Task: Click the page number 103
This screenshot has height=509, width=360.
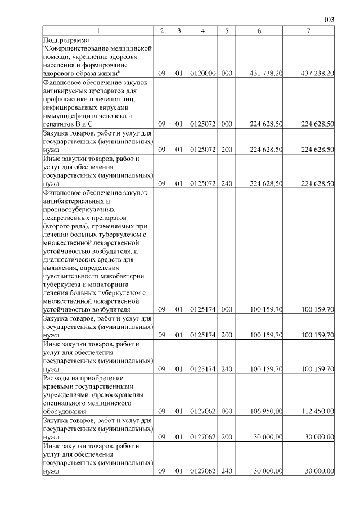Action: pyautogui.click(x=329, y=20)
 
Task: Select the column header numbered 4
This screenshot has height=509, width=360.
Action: pyautogui.click(x=202, y=31)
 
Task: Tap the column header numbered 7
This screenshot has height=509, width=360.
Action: pyautogui.click(x=308, y=31)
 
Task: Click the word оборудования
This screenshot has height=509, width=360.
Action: pyautogui.click(x=65, y=411)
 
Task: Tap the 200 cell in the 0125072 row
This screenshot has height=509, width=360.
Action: pyautogui.click(x=227, y=150)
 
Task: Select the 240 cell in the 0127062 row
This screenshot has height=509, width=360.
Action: pyautogui.click(x=227, y=470)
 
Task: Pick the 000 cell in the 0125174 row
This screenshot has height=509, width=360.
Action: pyautogui.click(x=227, y=309)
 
